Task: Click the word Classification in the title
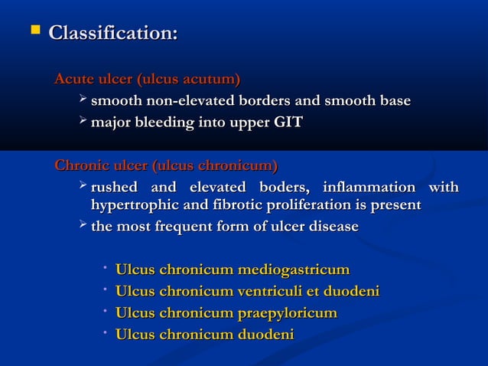pos(113,34)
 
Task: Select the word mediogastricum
pos(294,270)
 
